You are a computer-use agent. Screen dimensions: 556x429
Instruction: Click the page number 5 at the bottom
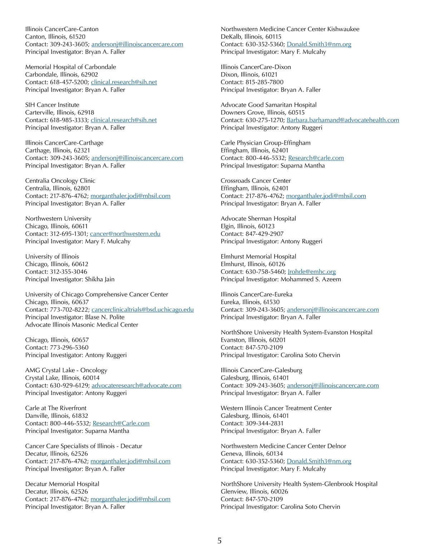(219, 541)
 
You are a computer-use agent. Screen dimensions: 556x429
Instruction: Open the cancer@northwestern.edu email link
(125, 234)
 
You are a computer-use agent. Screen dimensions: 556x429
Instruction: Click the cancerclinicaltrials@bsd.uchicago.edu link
(143, 310)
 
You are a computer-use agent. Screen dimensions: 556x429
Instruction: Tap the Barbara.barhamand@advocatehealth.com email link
(342, 120)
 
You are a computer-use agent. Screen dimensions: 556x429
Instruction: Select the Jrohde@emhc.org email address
(312, 272)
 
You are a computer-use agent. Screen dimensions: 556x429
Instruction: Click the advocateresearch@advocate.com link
(136, 386)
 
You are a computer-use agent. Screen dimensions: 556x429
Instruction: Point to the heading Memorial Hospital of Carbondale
(70, 67)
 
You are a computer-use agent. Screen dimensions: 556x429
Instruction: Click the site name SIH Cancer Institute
(52, 105)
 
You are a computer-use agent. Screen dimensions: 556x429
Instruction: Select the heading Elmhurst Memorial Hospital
(258, 257)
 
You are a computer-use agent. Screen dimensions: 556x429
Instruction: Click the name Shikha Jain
(100, 279)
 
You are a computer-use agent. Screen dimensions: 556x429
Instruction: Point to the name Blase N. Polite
(105, 317)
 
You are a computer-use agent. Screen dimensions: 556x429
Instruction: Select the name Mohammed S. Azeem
(311, 279)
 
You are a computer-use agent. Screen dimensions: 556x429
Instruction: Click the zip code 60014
(91, 378)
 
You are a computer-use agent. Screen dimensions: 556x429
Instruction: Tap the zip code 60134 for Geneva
(274, 454)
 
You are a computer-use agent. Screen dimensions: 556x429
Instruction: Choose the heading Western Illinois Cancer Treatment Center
(276, 408)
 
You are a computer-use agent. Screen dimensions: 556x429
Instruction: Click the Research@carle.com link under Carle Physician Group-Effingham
(316, 158)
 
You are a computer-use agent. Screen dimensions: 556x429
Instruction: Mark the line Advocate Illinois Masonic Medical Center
(82, 325)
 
